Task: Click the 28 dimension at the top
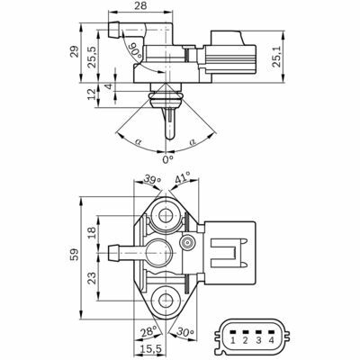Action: tap(140, 5)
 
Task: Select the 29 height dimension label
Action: tap(75, 51)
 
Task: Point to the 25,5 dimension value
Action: tap(93, 57)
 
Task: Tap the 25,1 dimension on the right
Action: tap(276, 56)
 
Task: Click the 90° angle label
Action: tap(137, 50)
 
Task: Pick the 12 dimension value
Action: tap(94, 94)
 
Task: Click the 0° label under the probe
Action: tap(168, 159)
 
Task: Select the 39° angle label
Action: tap(152, 179)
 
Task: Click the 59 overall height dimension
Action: tap(75, 254)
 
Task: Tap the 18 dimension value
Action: tap(92, 232)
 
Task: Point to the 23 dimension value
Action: tap(92, 278)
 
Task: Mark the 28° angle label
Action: tap(148, 332)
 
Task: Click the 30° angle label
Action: tap(185, 332)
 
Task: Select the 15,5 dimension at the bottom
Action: tap(151, 349)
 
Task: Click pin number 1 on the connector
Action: tap(232, 340)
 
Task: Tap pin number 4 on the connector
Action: tap(271, 340)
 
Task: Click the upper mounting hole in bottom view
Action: tap(166, 215)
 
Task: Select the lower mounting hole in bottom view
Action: tap(166, 301)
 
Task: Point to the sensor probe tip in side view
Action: tap(169, 139)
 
